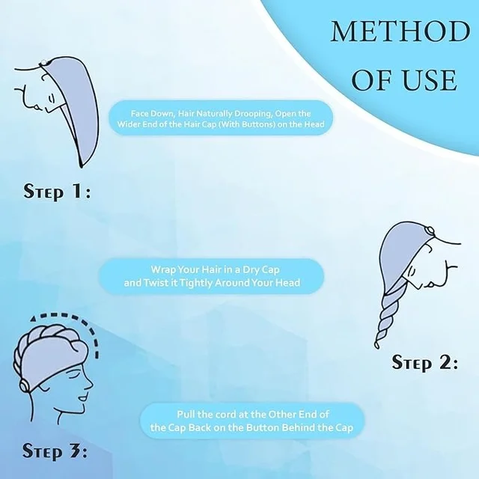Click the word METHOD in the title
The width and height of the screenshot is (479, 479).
401,31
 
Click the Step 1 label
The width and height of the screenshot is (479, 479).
57,192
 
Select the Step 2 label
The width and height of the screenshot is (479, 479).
425,363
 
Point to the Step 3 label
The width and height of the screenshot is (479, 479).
55,451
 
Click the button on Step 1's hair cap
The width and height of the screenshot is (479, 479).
44,62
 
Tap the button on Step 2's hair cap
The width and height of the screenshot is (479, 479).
430,230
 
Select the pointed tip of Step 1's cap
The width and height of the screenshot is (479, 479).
81,165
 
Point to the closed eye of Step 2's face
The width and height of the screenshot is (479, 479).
412,271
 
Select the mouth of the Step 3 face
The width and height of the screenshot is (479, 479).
82,398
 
